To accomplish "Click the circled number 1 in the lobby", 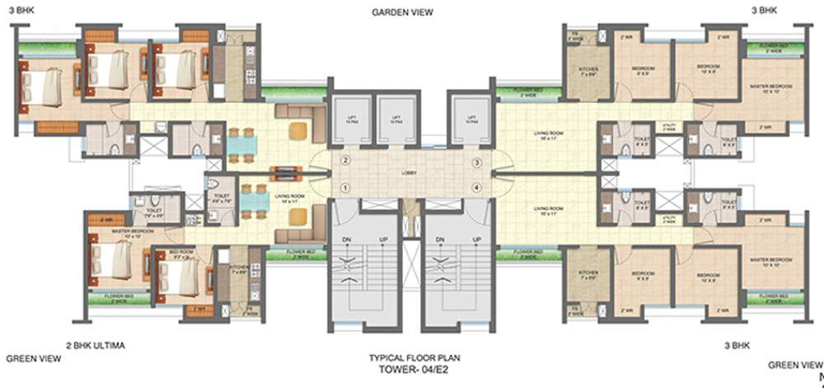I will pyautogui.click(x=346, y=188).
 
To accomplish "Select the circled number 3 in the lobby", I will pyautogui.click(x=476, y=163).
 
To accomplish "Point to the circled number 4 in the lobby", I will pyautogui.click(x=476, y=188).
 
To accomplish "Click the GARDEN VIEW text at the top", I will pyautogui.click(x=402, y=12).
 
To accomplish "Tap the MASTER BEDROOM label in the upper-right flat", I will pyautogui.click(x=770, y=86).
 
